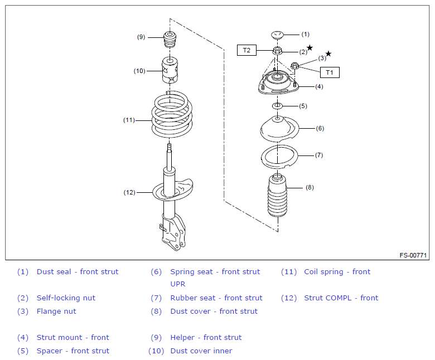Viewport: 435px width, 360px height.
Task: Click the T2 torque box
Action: tap(246, 50)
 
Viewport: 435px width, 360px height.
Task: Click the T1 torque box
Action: tap(330, 72)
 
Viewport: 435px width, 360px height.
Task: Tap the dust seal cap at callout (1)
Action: tap(277, 35)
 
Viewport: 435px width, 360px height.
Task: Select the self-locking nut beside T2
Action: tap(277, 51)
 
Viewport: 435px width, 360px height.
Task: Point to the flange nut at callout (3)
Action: tap(294, 66)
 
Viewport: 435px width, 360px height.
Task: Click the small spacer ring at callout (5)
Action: tap(277, 106)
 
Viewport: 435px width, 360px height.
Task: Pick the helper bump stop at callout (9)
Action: tap(170, 40)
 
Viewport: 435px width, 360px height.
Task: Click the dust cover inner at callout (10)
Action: tap(170, 70)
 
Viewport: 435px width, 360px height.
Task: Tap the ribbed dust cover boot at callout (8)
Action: tap(277, 195)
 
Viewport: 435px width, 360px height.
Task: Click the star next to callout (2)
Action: tap(310, 48)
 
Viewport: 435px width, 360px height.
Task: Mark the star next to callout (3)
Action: tap(328, 53)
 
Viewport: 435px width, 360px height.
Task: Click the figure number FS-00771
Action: tap(413, 255)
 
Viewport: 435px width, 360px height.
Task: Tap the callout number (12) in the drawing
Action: tap(129, 192)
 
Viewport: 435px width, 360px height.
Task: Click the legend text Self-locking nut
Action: tap(66, 298)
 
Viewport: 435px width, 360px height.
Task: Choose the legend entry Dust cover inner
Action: tap(201, 351)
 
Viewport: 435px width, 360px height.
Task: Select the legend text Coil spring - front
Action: tap(337, 272)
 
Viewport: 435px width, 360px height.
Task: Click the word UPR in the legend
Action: tap(178, 284)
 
